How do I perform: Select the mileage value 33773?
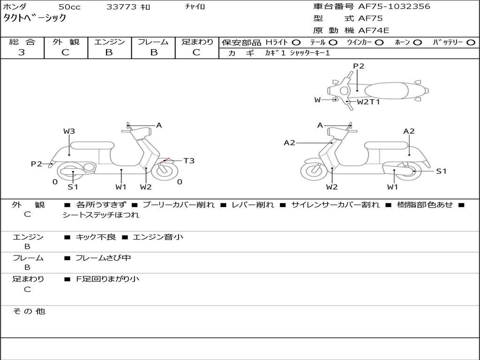point(121,7)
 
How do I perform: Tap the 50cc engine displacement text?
point(69,7)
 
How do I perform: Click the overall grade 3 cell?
point(22,52)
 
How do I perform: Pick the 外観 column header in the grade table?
point(66,42)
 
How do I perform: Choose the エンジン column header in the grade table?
point(109,42)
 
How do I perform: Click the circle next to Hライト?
point(296,42)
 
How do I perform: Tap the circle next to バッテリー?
point(471,42)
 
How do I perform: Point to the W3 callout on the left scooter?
point(69,131)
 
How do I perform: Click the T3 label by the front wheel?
point(188,161)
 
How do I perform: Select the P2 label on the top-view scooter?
point(359,66)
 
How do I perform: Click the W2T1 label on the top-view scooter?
point(368,101)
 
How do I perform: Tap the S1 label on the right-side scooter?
point(441,171)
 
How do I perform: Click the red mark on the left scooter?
point(164,161)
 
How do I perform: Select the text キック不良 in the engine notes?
point(96,237)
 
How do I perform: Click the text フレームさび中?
point(103,258)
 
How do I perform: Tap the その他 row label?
point(29,311)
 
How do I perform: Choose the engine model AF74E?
point(374,30)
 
